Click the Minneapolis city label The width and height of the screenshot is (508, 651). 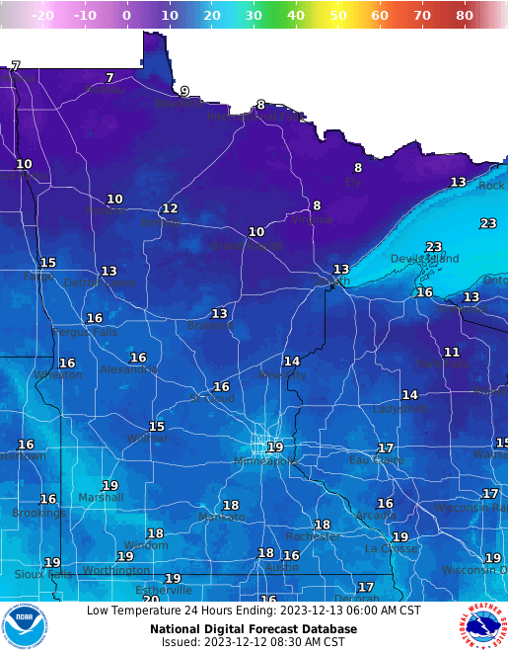pyautogui.click(x=265, y=461)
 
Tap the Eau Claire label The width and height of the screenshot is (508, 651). pyautogui.click(x=377, y=460)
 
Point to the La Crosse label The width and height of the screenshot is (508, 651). pyautogui.click(x=391, y=548)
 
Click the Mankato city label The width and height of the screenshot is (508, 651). pyautogui.click(x=221, y=517)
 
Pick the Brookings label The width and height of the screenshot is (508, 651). pyautogui.click(x=38, y=513)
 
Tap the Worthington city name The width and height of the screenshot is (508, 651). pyautogui.click(x=115, y=570)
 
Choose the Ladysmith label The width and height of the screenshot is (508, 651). pyautogui.click(x=401, y=408)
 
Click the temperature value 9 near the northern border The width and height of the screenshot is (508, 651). pyautogui.click(x=184, y=91)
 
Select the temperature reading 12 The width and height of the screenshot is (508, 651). pyautogui.click(x=170, y=208)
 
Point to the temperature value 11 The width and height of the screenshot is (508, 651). pyautogui.click(x=452, y=352)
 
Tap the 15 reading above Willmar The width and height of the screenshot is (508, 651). pyautogui.click(x=157, y=426)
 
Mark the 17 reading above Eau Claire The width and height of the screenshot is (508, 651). pyautogui.click(x=386, y=448)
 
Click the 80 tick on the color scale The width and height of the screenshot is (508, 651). pyautogui.click(x=465, y=16)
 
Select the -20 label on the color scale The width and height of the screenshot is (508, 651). pyautogui.click(x=41, y=16)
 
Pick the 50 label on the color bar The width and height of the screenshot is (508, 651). pyautogui.click(x=338, y=16)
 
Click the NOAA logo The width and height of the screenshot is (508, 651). pyautogui.click(x=24, y=626)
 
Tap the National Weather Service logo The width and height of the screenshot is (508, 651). pyautogui.click(x=481, y=626)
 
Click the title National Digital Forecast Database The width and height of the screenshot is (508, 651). pyautogui.click(x=254, y=628)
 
